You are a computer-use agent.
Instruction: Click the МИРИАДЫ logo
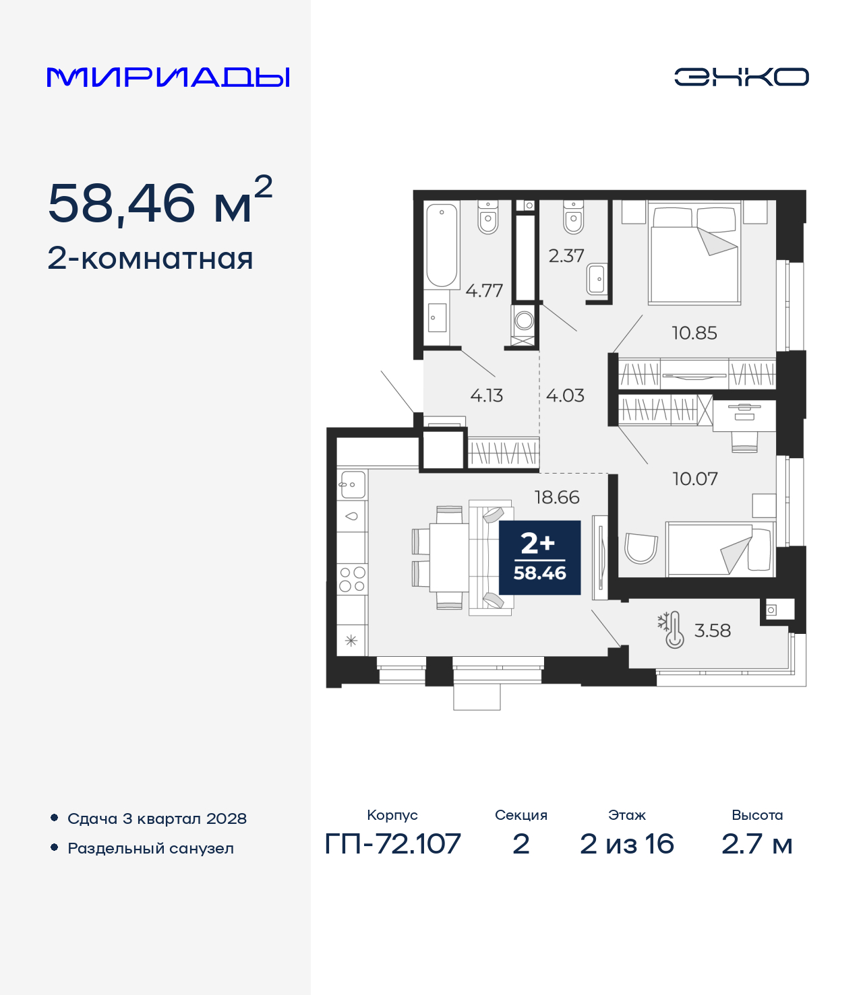click(x=169, y=77)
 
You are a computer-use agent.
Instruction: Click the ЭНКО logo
click(x=741, y=77)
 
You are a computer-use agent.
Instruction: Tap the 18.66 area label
click(x=556, y=497)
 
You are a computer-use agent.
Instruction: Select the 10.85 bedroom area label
click(x=694, y=333)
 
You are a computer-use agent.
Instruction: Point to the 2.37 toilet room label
click(x=566, y=256)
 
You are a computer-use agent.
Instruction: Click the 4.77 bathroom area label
click(x=484, y=291)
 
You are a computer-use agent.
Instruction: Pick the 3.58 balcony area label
click(x=712, y=631)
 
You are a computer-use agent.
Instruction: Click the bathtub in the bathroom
click(x=442, y=245)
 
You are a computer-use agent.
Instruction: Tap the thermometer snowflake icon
click(x=672, y=630)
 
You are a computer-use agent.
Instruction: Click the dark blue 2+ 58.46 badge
click(x=539, y=558)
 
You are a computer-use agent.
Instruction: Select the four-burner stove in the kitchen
click(x=352, y=579)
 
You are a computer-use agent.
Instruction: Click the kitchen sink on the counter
click(x=352, y=484)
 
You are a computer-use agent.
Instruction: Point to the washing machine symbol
click(x=524, y=321)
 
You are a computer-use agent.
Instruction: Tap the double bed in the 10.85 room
click(x=694, y=254)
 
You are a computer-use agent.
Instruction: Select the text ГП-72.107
click(x=392, y=843)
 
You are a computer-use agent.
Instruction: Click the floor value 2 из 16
click(x=626, y=843)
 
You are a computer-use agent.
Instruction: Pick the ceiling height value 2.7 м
click(x=756, y=843)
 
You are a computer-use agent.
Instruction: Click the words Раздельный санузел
click(x=150, y=848)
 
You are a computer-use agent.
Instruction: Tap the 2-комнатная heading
click(x=150, y=259)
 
